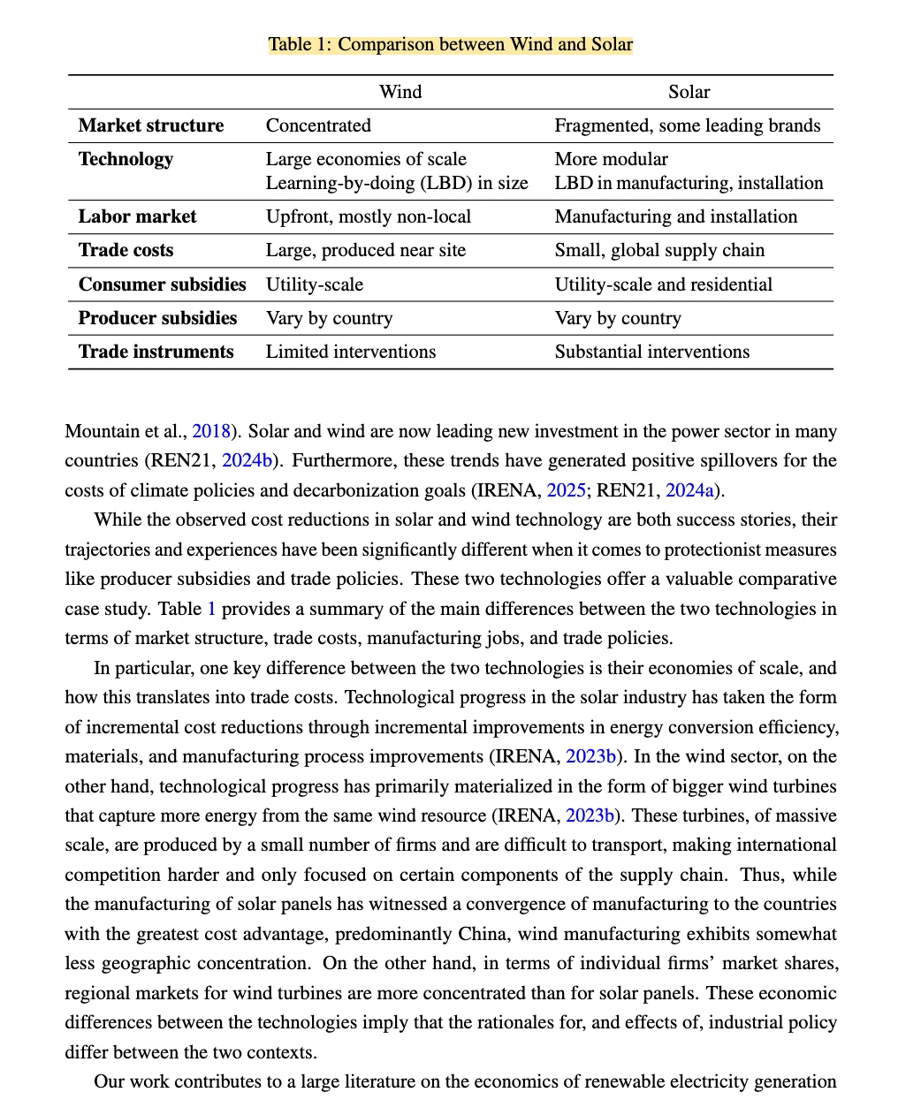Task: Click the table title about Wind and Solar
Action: pos(451,45)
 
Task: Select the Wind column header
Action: pos(400,92)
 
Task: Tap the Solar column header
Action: pos(689,92)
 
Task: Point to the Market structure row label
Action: pos(151,125)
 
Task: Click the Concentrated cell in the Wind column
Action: pos(318,125)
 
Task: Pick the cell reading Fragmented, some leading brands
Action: pos(688,125)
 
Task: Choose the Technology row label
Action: pos(126,159)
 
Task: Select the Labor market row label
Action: pos(137,216)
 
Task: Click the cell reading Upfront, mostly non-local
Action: pos(369,216)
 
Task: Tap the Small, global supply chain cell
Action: pos(659,250)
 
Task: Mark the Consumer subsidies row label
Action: pos(162,284)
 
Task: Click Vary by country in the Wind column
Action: pos(329,318)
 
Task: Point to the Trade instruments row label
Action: pos(156,352)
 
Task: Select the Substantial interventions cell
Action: pos(652,352)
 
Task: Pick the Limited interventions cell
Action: pos(351,352)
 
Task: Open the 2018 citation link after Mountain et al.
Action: pos(211,431)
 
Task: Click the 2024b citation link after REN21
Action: pos(248,460)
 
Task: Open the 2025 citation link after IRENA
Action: pos(566,490)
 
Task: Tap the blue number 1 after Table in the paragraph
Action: pos(211,609)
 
